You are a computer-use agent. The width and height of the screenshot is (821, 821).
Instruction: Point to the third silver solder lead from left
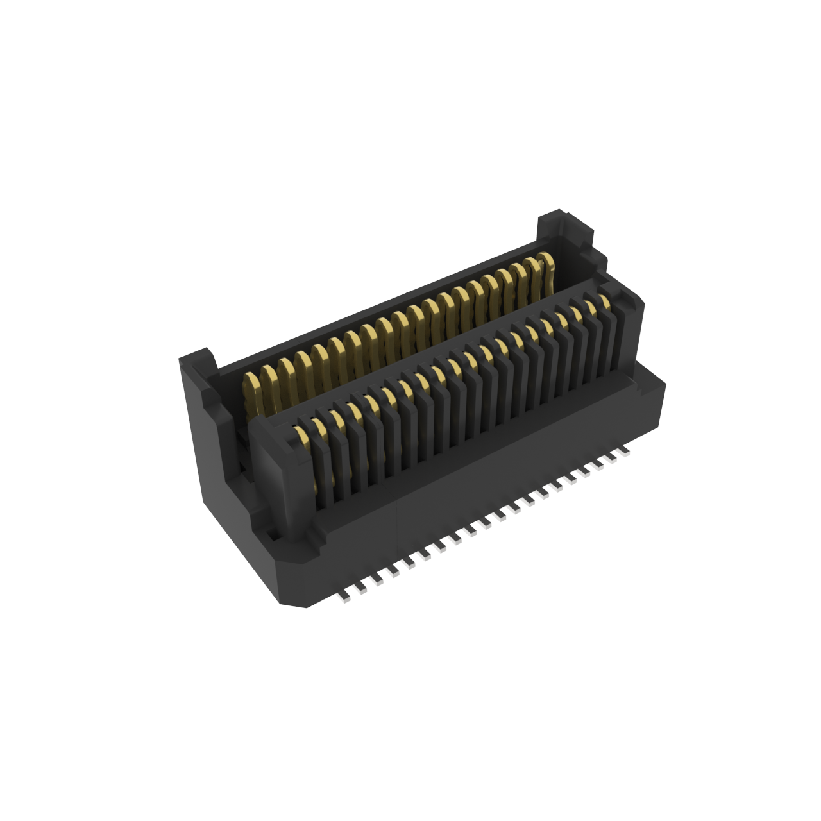pyautogui.click(x=376, y=581)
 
